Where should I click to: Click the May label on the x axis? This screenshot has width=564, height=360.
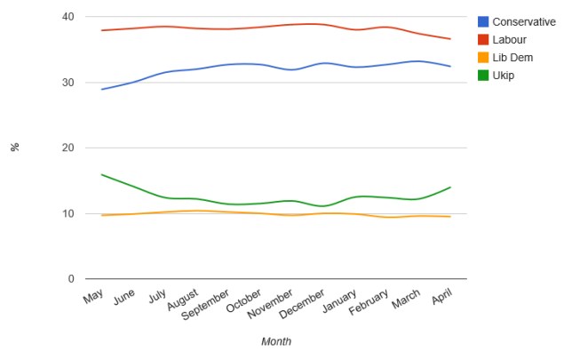[x=93, y=297]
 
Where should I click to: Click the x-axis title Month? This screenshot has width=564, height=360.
[x=275, y=341]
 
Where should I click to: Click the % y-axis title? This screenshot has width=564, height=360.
[x=15, y=148]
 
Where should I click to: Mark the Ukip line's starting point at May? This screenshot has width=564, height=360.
[x=101, y=174]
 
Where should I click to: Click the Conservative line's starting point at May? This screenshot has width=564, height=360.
[x=101, y=89]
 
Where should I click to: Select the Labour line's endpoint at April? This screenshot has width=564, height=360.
[x=450, y=39]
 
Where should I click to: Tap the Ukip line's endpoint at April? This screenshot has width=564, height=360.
[x=450, y=188]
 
